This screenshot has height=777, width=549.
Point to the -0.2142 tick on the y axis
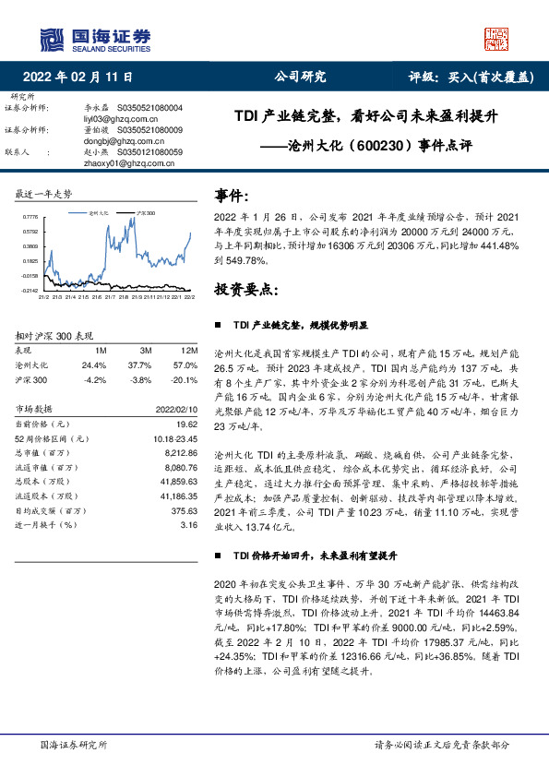tap(29, 290)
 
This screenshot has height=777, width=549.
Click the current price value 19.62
tap(188, 423)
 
